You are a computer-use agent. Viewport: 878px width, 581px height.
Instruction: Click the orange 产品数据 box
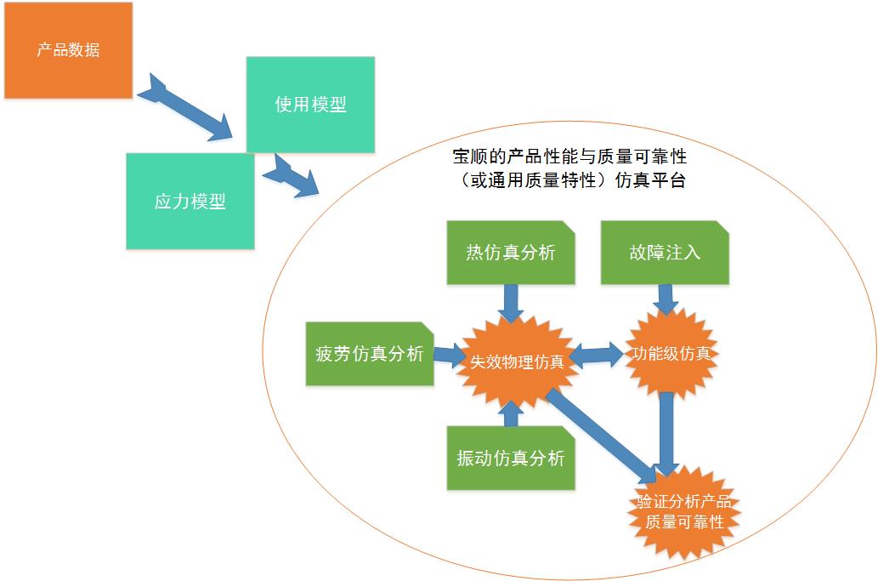coord(68,50)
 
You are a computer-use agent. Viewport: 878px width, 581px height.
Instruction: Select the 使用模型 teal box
coord(310,105)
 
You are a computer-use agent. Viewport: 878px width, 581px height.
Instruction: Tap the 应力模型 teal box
coord(190,202)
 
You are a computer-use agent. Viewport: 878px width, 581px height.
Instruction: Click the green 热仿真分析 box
coord(510,253)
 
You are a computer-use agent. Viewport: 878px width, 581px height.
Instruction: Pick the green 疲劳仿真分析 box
coord(370,354)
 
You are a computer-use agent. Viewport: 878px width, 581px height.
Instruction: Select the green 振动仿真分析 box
coord(510,458)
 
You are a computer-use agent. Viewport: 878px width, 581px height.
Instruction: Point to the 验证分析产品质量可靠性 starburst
coord(684,510)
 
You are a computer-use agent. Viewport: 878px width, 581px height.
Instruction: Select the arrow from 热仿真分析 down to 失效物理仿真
coord(510,300)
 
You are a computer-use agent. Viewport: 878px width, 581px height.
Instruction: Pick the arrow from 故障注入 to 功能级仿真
coord(666,298)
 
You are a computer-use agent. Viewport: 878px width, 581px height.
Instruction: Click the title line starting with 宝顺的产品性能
coord(569,157)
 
